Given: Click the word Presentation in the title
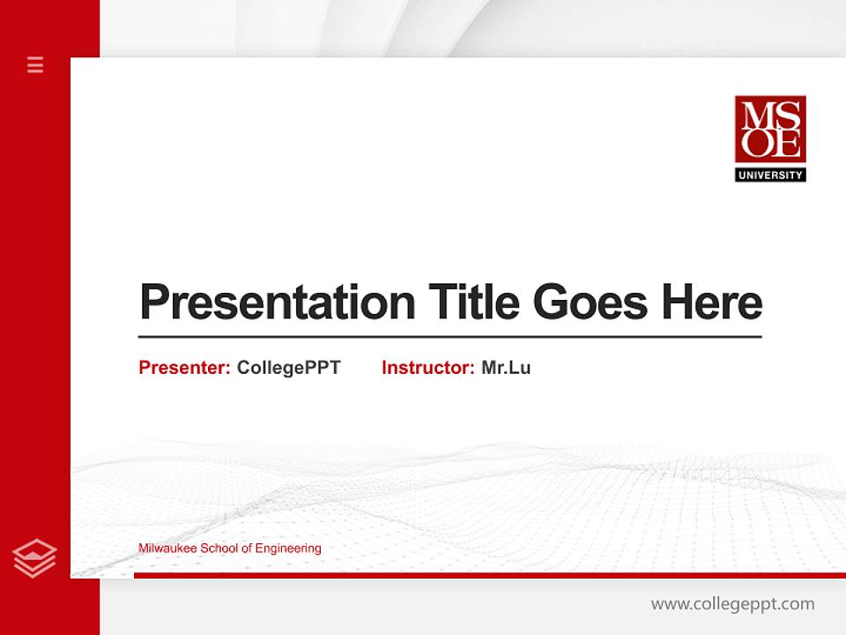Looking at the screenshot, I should point(278,303).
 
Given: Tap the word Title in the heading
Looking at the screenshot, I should point(472,303).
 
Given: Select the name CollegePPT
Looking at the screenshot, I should point(288,368).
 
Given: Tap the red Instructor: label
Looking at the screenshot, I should point(428,368).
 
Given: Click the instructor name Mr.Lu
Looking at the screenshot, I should point(506,368).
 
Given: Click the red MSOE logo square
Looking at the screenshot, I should point(770,130).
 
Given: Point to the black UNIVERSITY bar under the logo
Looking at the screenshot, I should point(770,175).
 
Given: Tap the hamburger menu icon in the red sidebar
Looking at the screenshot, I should point(35,64).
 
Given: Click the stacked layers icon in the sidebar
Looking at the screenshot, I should point(35,558).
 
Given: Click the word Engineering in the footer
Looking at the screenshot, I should point(289,549).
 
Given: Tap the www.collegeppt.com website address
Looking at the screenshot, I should point(732,604).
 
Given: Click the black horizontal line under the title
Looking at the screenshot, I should point(449,337).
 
